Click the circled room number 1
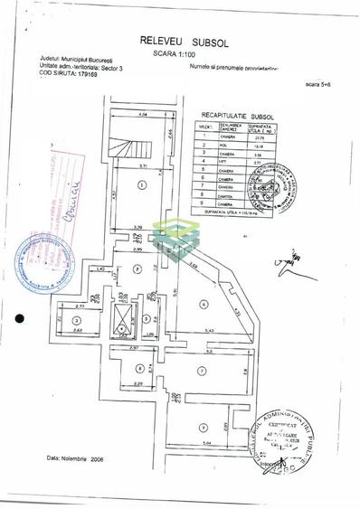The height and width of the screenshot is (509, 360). point(142,184)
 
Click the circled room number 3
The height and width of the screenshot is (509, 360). point(78,320)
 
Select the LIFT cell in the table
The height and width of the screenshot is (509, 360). point(224,161)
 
